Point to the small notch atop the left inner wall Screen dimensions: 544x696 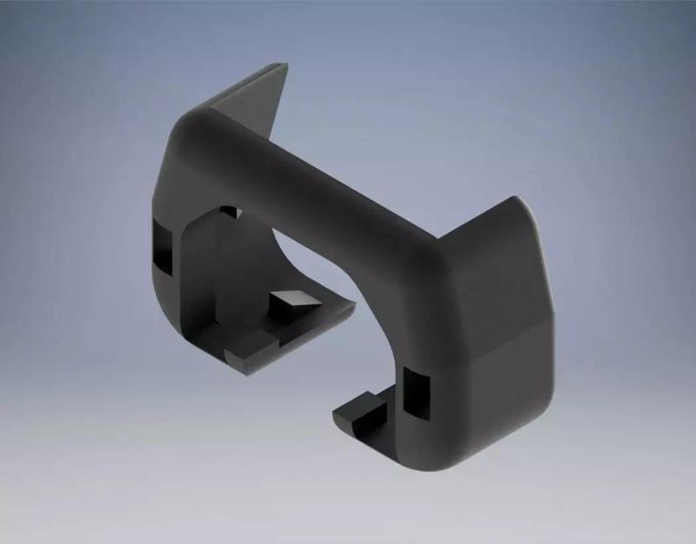pyautogui.click(x=229, y=211)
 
